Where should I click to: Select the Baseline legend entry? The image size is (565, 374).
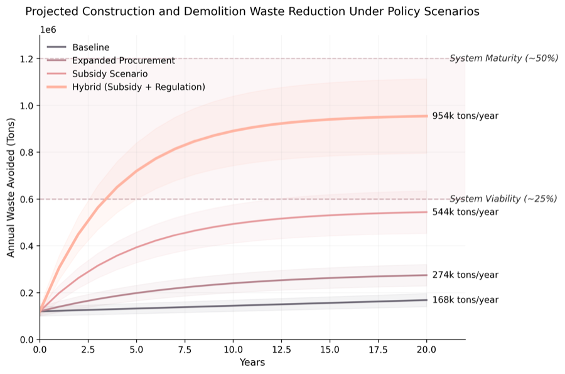coord(91,47)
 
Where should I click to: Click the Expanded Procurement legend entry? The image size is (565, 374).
coord(123,60)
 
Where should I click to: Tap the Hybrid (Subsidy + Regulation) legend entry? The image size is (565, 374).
coord(139,87)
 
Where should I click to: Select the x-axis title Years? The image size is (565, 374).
coord(252,363)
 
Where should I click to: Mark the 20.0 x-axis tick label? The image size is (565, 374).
coord(427,349)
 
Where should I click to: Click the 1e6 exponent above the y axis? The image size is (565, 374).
coord(48,30)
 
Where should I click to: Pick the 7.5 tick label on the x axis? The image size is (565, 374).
coord(185,349)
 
